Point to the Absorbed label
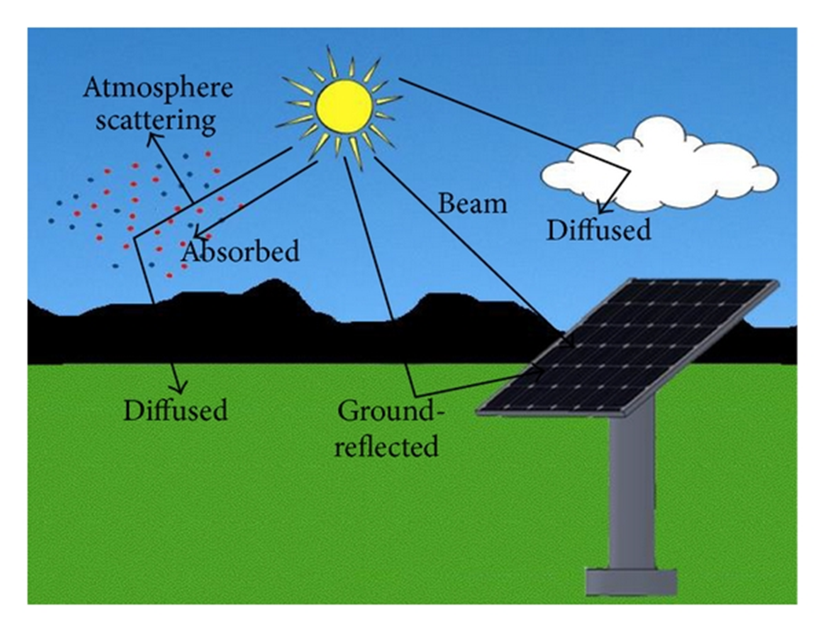(240, 251)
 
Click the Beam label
(472, 204)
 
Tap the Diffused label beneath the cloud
(598, 229)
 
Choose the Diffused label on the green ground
(175, 410)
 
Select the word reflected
(387, 446)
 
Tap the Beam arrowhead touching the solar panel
(573, 343)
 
